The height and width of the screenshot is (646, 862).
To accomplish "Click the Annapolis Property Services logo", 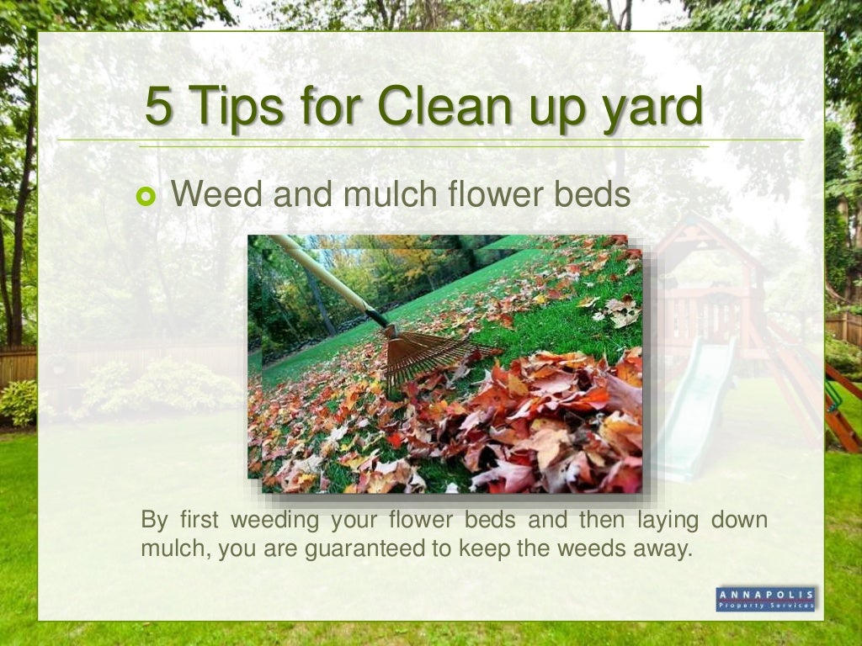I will click(x=766, y=598).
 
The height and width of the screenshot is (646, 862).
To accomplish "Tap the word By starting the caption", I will click(x=154, y=521).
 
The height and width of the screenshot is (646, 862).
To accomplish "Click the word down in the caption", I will click(x=739, y=520).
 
